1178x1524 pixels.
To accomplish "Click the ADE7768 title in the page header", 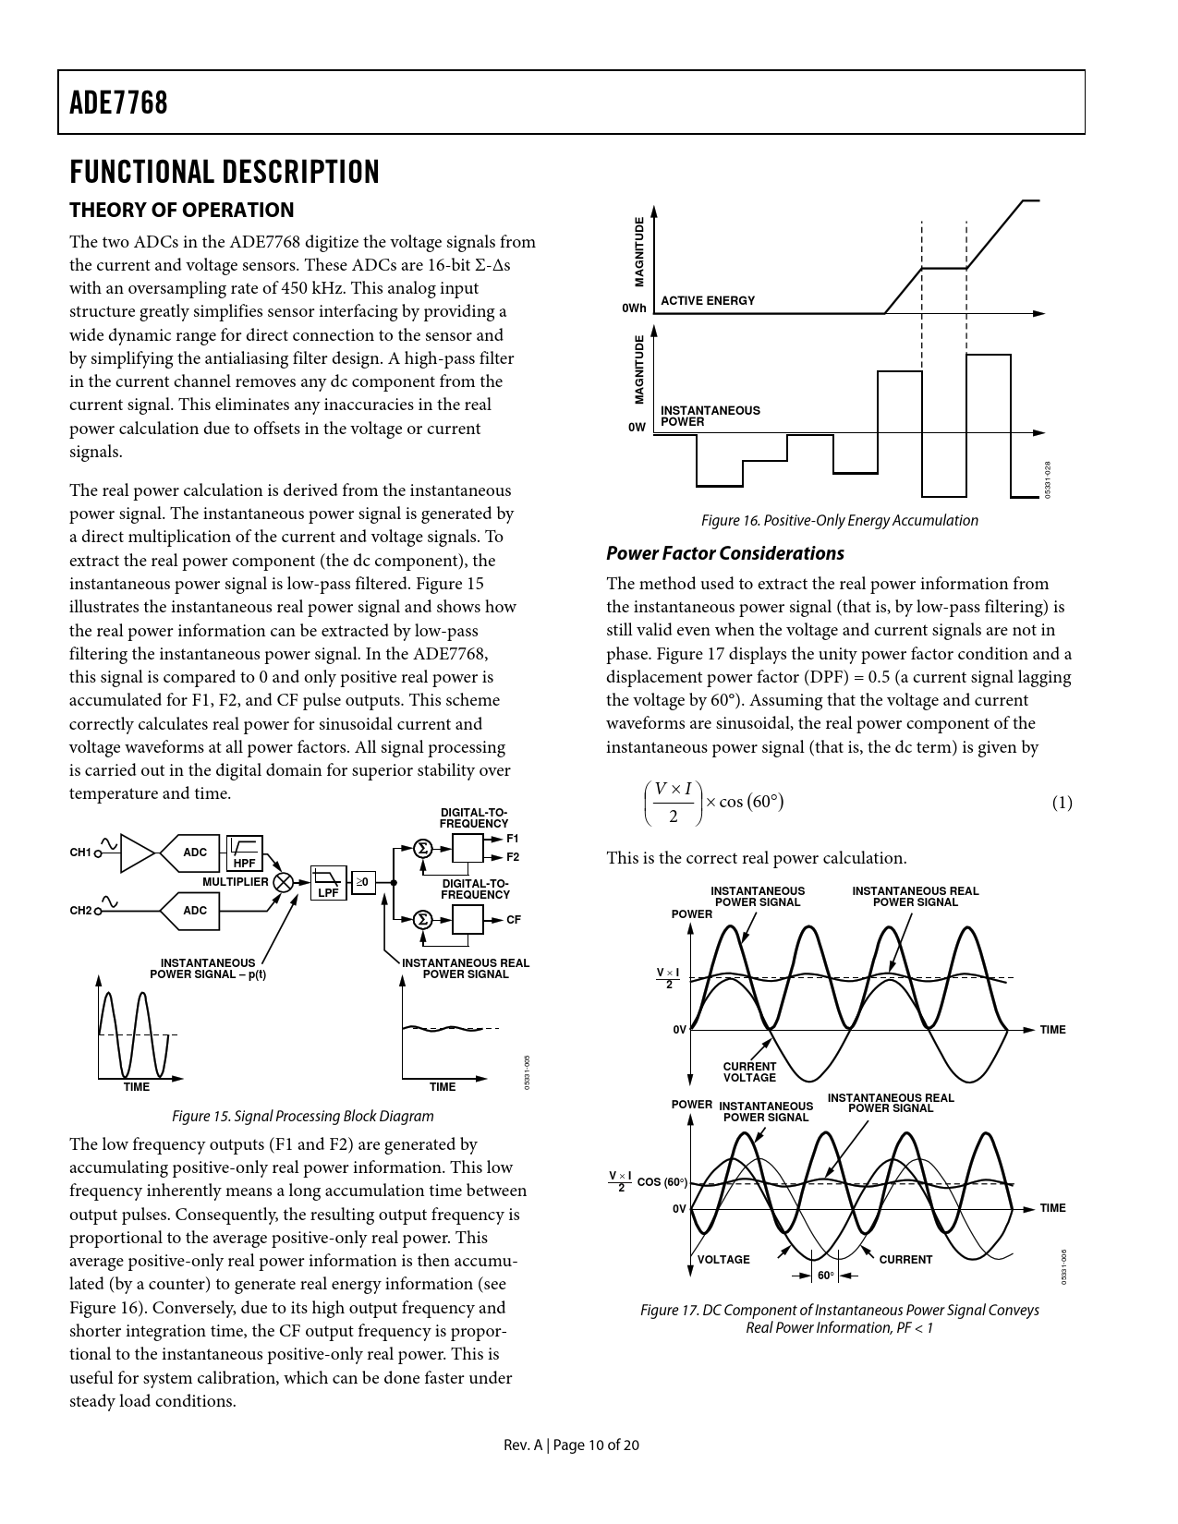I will click(118, 103).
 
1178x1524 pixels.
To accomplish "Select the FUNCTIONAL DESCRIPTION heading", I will click(225, 172).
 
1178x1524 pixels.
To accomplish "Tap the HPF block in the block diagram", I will click(245, 853).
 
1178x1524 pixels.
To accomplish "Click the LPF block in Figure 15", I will click(328, 884).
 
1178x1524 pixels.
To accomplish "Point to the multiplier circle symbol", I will click(284, 882).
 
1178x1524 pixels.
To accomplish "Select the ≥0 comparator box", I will click(363, 883).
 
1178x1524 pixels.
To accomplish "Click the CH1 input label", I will click(80, 853).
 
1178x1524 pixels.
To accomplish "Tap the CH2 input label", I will click(80, 911).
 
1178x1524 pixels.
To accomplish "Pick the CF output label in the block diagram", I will click(514, 920).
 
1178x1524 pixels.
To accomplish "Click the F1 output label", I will click(513, 839).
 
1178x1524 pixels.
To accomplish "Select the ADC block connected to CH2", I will click(195, 911).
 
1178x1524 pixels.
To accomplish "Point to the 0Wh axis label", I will click(634, 308).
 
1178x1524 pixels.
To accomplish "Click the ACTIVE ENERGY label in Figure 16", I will click(708, 301).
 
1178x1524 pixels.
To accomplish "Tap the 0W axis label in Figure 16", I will click(637, 428).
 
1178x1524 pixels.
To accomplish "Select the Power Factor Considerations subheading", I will click(724, 553).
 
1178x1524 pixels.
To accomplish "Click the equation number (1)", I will click(1062, 803).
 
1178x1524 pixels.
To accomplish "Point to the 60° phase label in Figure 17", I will click(824, 1276).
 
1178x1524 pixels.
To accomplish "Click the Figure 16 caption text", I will click(839, 521).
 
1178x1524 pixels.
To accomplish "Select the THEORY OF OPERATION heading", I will click(182, 210).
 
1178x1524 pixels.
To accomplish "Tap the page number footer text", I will click(571, 1445).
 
